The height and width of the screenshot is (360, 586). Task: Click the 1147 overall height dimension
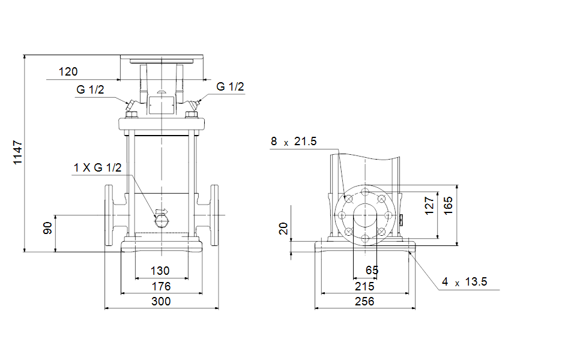tap(17, 152)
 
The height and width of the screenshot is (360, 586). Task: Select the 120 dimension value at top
tap(68, 72)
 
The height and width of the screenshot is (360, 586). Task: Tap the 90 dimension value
tap(48, 228)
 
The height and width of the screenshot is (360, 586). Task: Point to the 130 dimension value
tap(160, 271)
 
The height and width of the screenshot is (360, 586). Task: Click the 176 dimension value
tap(161, 286)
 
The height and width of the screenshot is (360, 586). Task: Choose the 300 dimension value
tap(161, 301)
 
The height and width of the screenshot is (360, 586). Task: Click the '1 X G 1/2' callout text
tap(97, 167)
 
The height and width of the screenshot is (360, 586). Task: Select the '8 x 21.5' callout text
tap(294, 142)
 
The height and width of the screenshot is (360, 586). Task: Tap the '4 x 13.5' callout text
tap(465, 281)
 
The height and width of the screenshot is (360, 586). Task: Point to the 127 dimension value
tap(429, 206)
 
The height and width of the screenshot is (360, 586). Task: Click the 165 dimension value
tap(448, 206)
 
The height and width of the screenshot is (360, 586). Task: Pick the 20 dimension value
tap(283, 228)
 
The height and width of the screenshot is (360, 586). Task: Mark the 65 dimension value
tap(372, 270)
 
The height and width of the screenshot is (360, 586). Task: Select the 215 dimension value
tap(364, 286)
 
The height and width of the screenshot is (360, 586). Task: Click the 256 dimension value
tap(364, 301)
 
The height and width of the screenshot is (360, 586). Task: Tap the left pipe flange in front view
tap(109, 215)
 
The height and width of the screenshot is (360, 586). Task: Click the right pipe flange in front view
tap(214, 215)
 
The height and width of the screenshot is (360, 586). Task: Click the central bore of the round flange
tap(365, 215)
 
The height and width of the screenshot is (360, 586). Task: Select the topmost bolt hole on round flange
tap(365, 192)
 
